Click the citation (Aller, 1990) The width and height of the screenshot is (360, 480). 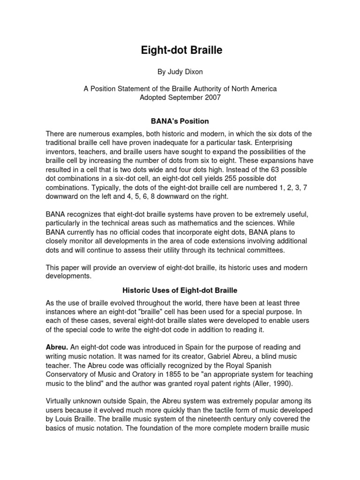(271, 383)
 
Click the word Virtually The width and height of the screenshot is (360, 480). (60, 401)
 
